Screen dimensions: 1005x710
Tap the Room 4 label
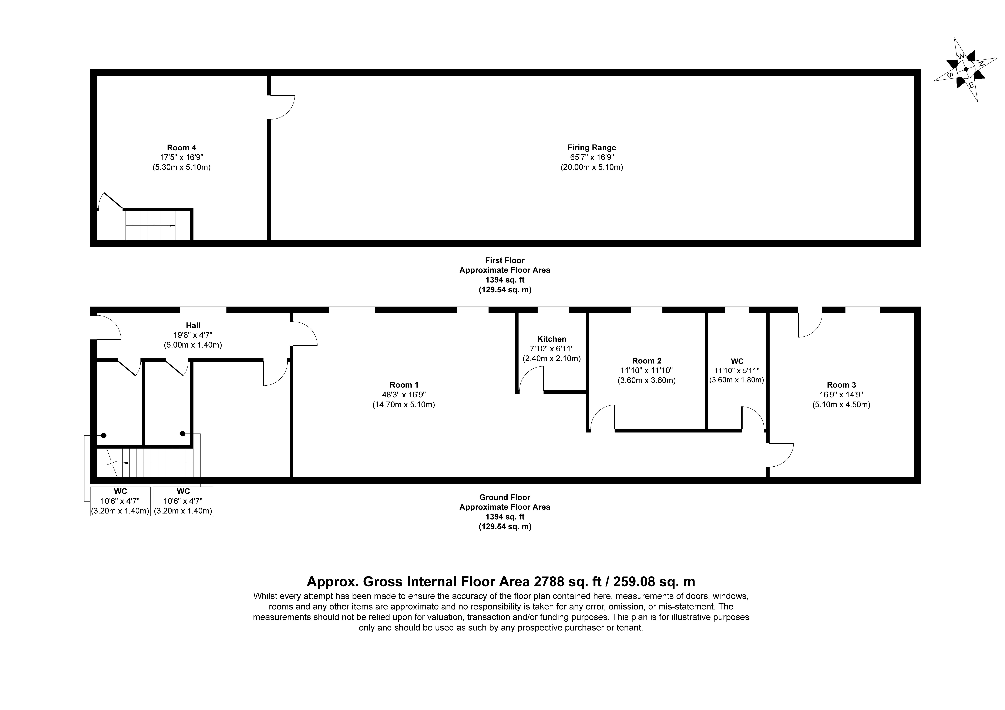pos(181,148)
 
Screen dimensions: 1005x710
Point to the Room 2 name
pos(646,361)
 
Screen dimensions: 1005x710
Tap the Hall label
pos(193,325)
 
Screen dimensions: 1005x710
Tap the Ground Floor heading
pos(505,497)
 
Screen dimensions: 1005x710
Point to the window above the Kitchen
pos(553,310)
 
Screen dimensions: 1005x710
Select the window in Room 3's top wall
pos(862,310)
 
